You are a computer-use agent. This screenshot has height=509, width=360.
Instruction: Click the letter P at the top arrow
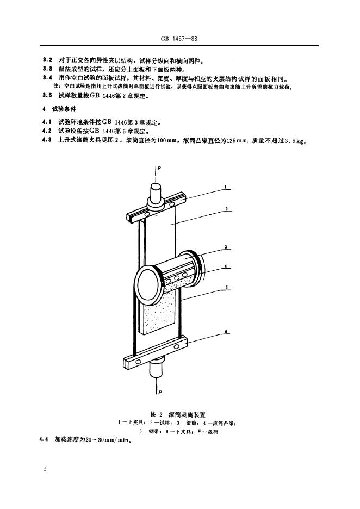coord(159,168)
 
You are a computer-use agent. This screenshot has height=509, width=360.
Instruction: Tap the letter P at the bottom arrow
coord(159,391)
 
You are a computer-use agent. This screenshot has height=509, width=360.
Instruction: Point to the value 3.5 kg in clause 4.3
coord(297,143)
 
